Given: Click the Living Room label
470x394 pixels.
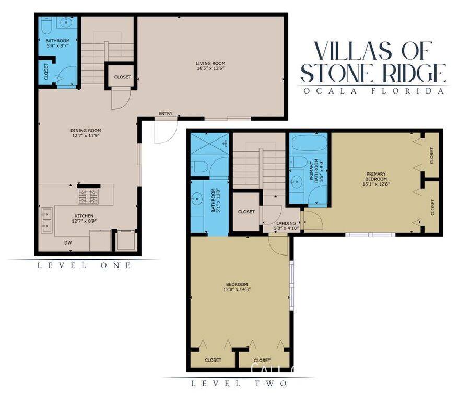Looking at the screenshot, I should coord(210,64).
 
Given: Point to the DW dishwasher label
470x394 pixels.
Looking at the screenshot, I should coord(68,242).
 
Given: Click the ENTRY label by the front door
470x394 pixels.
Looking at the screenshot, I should coord(166,114).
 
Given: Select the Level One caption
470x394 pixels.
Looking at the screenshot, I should coord(84,265).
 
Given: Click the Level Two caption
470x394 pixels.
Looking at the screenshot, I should coord(239,384).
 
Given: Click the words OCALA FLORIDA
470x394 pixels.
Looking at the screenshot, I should coord(373,91).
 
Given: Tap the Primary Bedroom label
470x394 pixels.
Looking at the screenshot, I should coord(376,176).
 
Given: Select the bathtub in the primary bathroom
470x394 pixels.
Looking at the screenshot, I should coord(308,144).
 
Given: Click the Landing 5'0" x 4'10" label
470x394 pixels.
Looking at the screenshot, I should coord(286,226).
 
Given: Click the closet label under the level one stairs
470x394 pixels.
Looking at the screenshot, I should coord(122,77).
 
